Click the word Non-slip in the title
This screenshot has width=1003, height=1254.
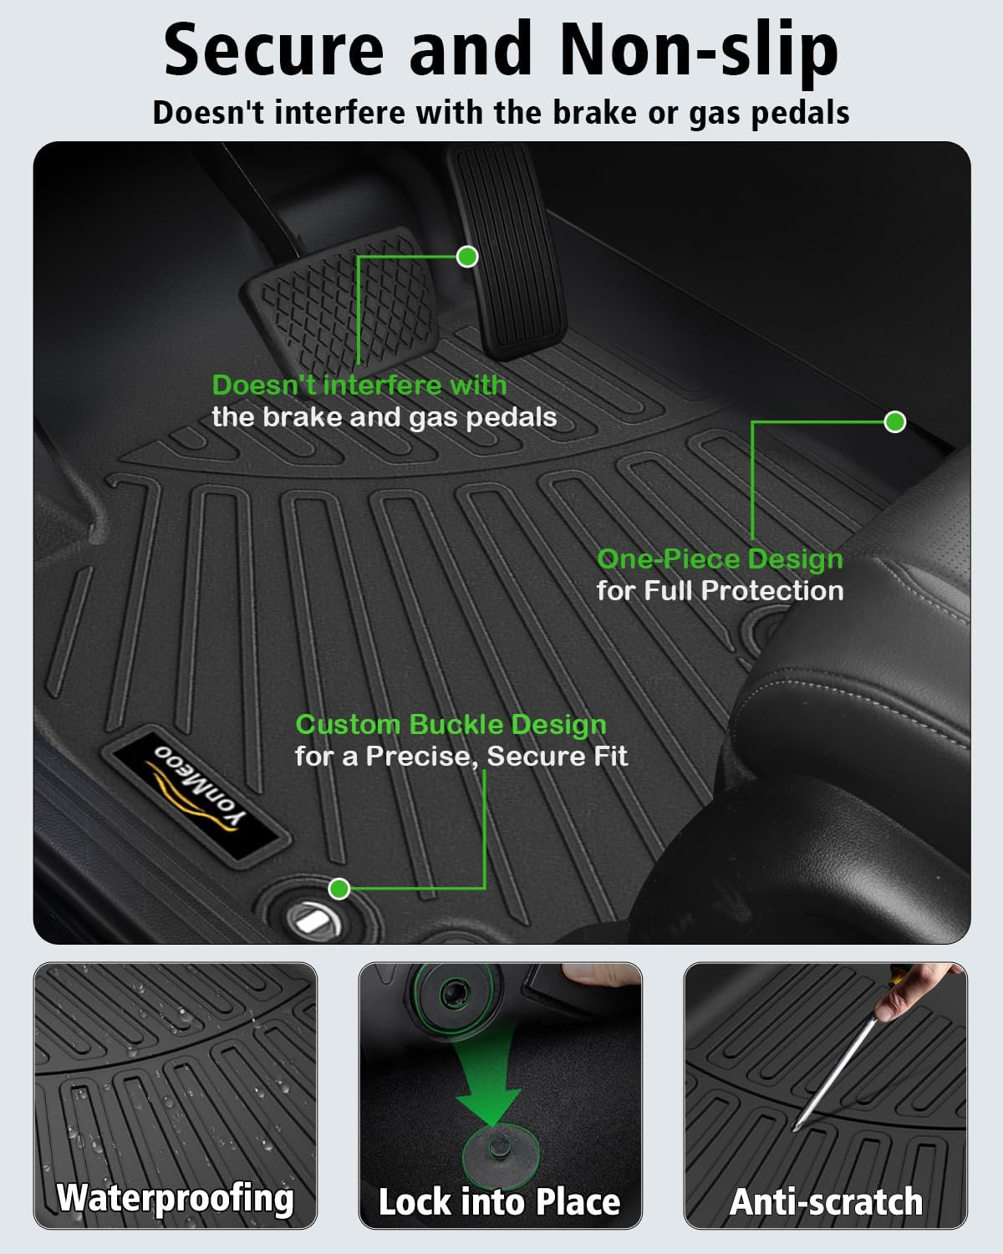(x=699, y=50)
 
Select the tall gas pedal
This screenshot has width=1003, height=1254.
(x=507, y=251)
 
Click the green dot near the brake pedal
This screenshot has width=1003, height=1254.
(x=467, y=257)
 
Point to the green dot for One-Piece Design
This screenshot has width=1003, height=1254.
(x=894, y=422)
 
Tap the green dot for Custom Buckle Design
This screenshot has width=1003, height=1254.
(x=339, y=888)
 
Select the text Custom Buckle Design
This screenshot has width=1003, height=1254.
(x=451, y=724)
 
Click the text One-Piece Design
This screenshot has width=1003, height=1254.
(x=720, y=558)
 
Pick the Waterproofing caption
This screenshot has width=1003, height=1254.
(x=176, y=1197)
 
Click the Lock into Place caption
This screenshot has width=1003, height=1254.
(x=499, y=1201)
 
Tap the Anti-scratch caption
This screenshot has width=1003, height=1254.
(x=826, y=1201)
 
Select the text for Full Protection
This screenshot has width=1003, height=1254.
(x=720, y=591)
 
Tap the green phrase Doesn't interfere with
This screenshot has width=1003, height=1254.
(x=359, y=385)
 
